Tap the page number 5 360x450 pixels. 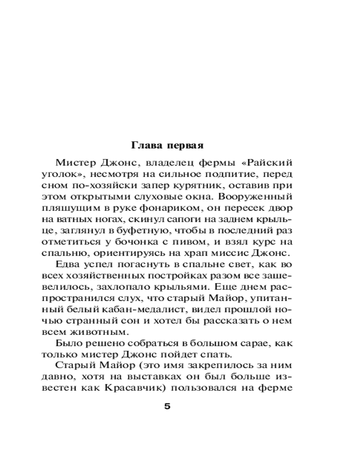click(x=167, y=407)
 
